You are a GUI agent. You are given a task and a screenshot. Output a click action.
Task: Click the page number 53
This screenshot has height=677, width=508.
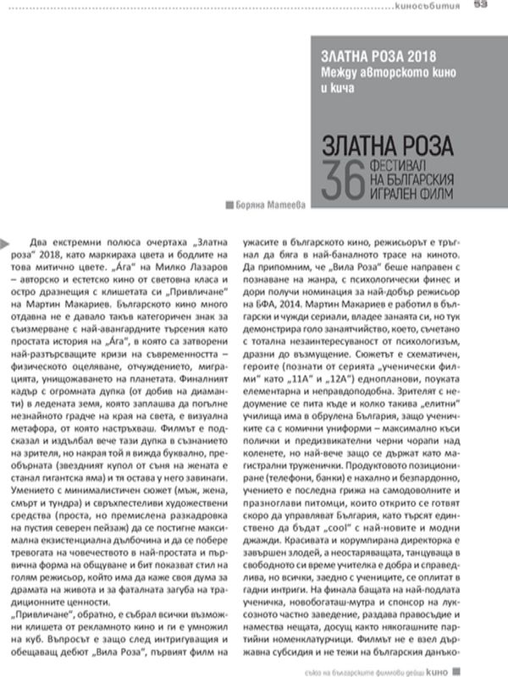478,6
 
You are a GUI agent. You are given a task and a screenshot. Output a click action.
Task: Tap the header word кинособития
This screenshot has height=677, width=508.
432,8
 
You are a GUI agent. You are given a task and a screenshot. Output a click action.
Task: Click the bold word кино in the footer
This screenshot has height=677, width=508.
461,668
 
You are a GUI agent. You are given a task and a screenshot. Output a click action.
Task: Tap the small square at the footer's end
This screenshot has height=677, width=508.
482,668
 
